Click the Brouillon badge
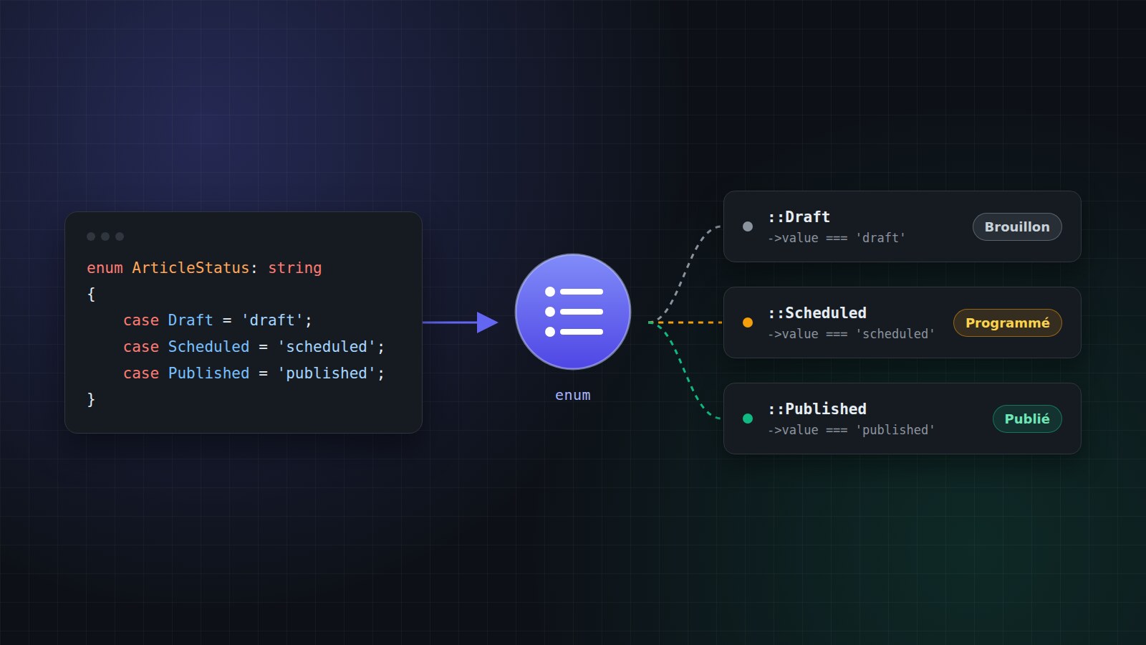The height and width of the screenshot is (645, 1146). coord(1017,226)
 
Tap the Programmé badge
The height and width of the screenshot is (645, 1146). coord(1007,323)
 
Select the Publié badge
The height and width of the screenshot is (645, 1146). coord(1027,419)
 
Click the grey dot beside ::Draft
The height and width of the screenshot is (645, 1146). coord(748,226)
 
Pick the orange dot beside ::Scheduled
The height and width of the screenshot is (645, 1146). coord(748,322)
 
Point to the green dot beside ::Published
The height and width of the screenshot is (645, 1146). coord(748,419)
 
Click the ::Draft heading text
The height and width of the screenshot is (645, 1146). coord(799,217)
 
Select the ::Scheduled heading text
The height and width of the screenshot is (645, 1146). coord(817,312)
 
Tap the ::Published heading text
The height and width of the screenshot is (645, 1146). coord(817,409)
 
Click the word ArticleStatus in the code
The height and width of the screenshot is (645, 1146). coord(191,268)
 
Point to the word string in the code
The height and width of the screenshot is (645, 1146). coord(294,268)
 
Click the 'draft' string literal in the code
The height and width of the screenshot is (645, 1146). coord(272,320)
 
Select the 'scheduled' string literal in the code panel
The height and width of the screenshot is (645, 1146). coord(327,347)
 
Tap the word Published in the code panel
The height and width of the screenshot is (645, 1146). coord(208,373)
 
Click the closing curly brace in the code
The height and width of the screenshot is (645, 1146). coord(91,399)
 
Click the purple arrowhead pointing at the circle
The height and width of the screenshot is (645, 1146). coord(487,322)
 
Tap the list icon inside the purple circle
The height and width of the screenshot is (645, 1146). coord(574,312)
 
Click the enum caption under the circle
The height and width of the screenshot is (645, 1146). coord(573,395)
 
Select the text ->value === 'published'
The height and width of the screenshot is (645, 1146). coord(852,430)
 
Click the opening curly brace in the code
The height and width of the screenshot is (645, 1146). coord(91,295)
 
